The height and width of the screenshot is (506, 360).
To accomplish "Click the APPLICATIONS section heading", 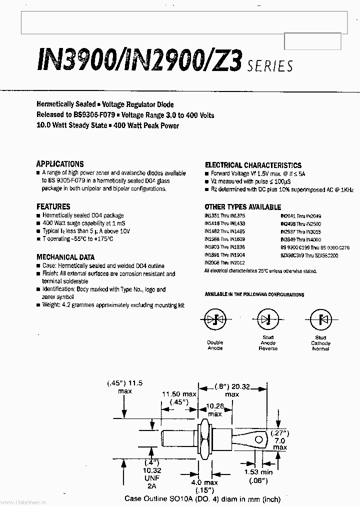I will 60,164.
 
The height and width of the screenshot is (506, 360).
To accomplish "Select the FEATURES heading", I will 53,206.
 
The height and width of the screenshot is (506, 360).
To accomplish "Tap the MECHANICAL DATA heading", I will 65,257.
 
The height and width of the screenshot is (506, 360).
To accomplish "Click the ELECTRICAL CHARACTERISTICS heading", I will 253,165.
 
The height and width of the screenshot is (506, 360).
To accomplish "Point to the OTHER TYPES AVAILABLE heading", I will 242,207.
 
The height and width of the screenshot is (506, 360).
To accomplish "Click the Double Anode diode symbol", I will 215,319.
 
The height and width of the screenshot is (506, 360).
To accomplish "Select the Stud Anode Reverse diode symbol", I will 268,318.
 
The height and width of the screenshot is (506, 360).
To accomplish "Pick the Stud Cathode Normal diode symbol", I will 320,319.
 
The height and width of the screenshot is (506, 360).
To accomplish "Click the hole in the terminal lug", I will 259,440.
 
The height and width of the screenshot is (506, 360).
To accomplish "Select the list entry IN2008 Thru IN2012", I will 224,262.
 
